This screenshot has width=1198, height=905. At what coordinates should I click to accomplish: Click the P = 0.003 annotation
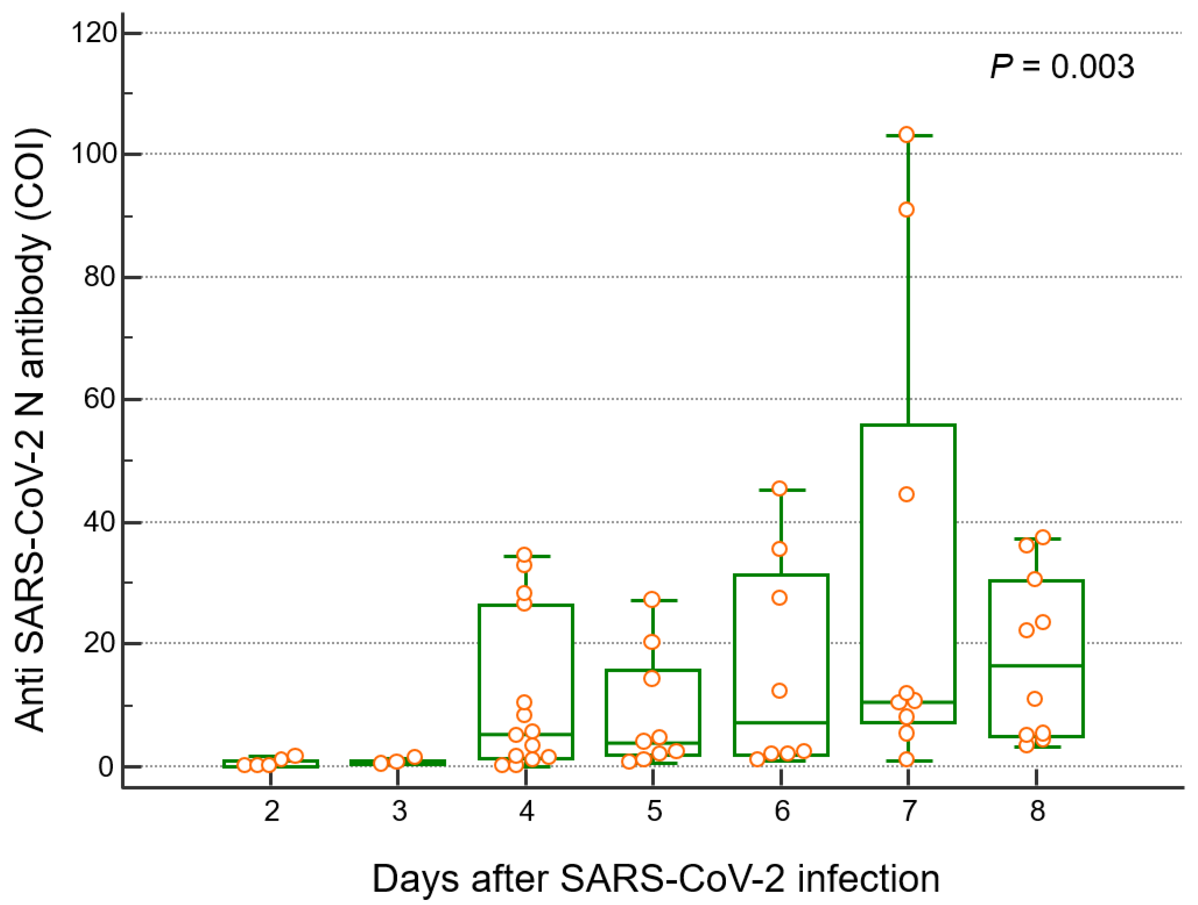1061,67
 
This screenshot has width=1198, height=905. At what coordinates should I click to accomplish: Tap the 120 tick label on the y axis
94,33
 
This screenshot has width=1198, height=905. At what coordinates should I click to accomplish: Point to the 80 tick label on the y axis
100,277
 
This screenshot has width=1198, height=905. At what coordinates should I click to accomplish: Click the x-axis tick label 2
271,811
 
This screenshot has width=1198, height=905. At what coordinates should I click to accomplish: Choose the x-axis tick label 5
654,811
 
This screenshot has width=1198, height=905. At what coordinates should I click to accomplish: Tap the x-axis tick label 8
1037,811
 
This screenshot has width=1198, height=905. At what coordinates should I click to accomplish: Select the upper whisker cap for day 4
526,556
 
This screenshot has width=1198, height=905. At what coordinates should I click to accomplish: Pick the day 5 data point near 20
652,642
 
